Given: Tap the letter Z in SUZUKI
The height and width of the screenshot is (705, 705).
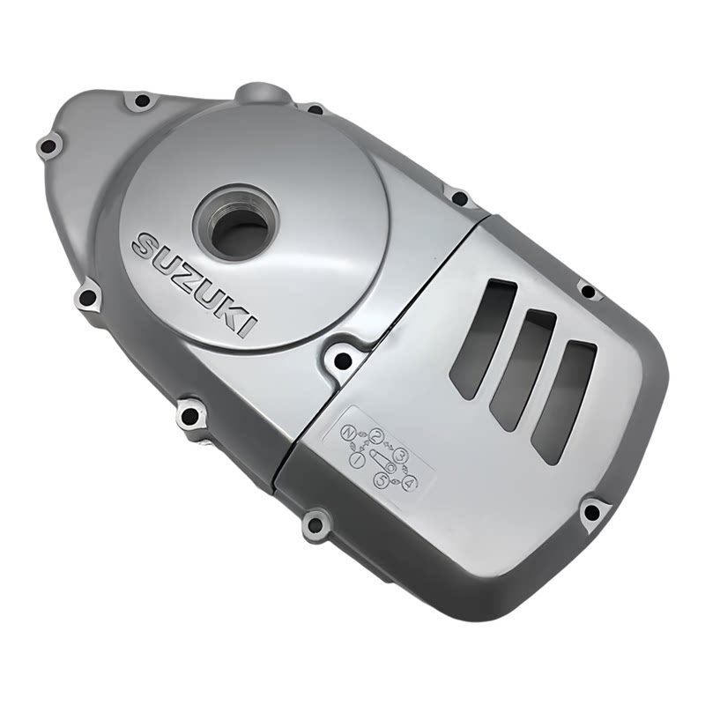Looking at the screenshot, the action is pyautogui.click(x=185, y=275).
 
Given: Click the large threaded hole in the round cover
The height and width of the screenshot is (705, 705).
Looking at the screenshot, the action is pyautogui.click(x=234, y=229).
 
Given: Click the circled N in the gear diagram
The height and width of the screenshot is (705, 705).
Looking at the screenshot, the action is pyautogui.click(x=348, y=432).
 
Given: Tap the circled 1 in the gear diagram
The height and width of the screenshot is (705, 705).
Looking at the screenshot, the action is pyautogui.click(x=357, y=459).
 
